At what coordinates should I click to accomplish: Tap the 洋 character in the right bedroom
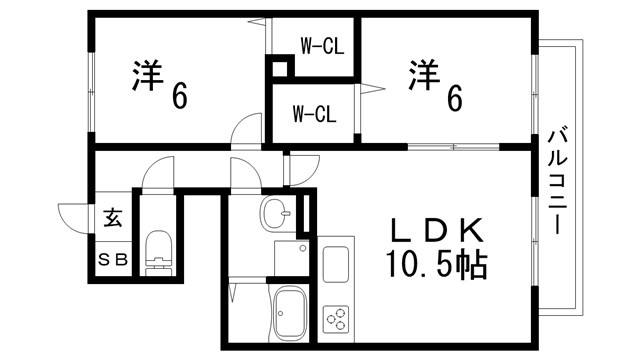[424, 78]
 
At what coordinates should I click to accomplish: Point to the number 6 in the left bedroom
[180, 97]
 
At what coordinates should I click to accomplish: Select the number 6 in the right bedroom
[455, 96]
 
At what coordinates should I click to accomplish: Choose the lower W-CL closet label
[313, 112]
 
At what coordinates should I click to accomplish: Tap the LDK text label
[437, 230]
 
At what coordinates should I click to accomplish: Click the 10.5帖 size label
[437, 264]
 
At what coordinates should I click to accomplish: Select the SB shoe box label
[112, 258]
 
